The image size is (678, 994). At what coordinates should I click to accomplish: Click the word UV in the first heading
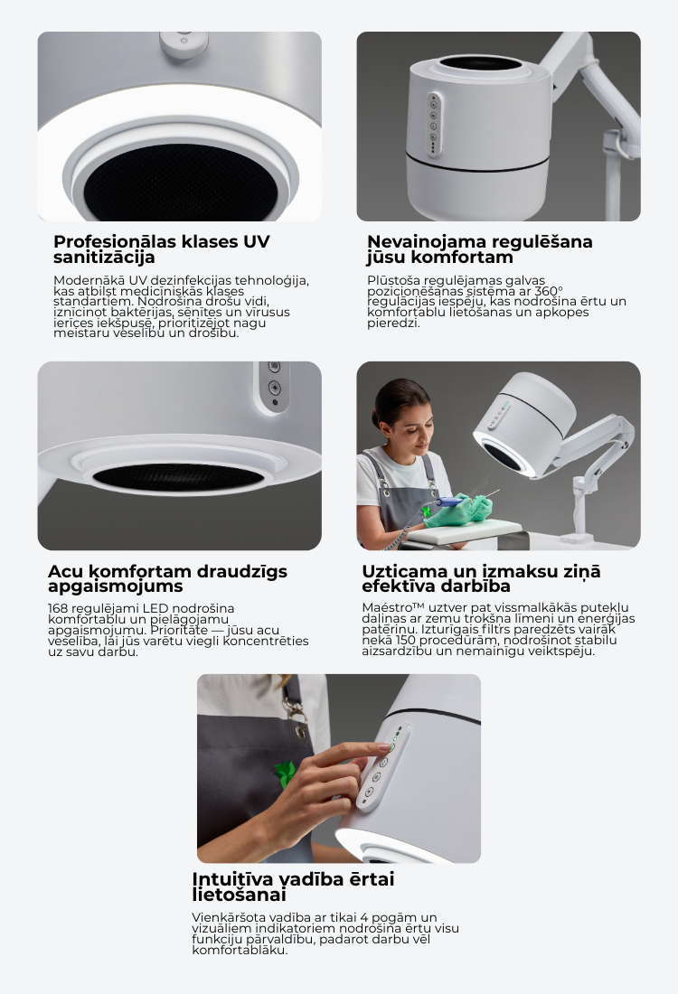coord(256,241)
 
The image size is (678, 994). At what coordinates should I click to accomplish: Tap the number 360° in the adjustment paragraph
coord(550,291)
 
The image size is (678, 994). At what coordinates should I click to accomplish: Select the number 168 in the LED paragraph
coord(58,608)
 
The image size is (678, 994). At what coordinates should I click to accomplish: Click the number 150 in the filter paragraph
coord(405,640)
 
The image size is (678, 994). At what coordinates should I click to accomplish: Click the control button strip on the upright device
coord(434,125)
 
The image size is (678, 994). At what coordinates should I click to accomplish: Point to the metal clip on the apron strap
coord(295,708)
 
